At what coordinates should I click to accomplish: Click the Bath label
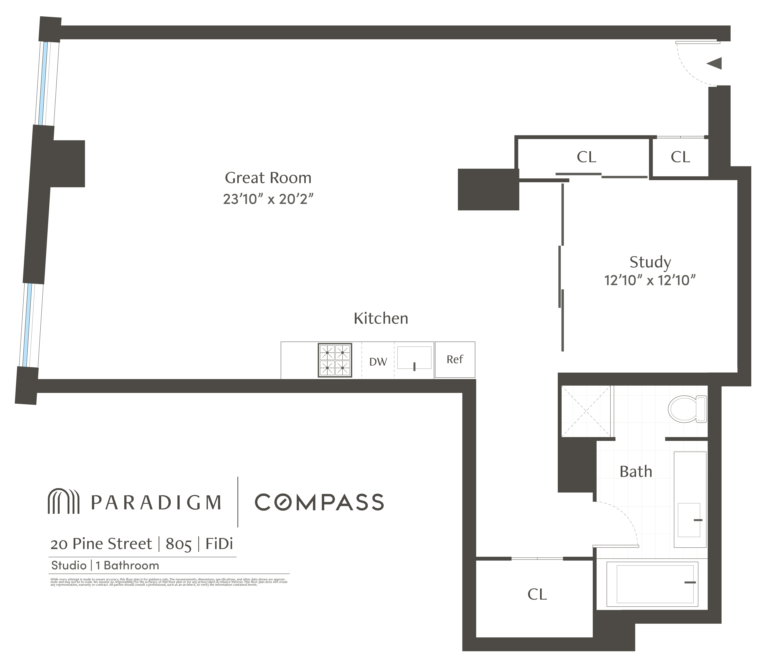pos(636,472)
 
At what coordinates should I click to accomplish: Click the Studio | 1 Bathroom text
pos(105,565)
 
